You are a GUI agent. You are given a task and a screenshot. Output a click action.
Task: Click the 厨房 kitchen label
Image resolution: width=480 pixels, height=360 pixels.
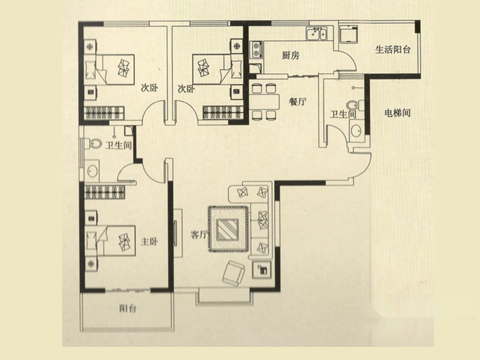click(290, 55)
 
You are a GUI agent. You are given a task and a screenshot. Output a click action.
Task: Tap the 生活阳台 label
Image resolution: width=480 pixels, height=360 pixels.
click(393, 50)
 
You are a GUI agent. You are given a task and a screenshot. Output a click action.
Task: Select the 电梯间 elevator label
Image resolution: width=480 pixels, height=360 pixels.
click(397, 113)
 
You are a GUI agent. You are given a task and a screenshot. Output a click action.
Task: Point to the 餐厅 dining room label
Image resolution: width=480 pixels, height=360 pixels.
click(298, 101)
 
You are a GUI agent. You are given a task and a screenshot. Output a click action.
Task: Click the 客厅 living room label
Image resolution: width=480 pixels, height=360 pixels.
click(199, 235)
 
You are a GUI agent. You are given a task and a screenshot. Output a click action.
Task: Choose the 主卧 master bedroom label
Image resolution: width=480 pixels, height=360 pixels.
click(149, 242)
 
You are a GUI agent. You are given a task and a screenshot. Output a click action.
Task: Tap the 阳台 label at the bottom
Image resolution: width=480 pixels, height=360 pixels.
click(128, 308)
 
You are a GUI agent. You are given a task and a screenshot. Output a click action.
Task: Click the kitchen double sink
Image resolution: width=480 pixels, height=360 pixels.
click(317, 34)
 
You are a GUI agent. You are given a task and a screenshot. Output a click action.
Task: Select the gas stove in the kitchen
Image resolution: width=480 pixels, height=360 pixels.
click(256, 50)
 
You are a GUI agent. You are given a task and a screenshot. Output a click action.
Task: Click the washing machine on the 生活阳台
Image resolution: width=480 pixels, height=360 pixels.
click(349, 34)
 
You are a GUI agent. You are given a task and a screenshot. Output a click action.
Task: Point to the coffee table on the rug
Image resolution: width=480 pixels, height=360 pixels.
click(227, 230)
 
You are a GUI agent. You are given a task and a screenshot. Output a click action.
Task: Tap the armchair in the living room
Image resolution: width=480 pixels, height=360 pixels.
click(233, 273)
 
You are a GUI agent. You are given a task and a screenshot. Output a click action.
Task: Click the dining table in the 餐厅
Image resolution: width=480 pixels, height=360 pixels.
click(264, 101)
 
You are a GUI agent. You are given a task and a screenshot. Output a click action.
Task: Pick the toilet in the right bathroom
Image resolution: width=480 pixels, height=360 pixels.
click(356, 105)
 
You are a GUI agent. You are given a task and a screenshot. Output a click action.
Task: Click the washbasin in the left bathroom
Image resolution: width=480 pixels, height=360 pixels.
click(92, 171)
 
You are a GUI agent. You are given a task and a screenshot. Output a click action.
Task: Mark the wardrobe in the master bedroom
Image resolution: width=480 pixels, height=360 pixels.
click(105, 192)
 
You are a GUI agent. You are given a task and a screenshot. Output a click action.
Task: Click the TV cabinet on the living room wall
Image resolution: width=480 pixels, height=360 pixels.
click(178, 233)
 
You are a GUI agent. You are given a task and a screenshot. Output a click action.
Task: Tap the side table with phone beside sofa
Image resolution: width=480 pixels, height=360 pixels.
click(262, 269)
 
